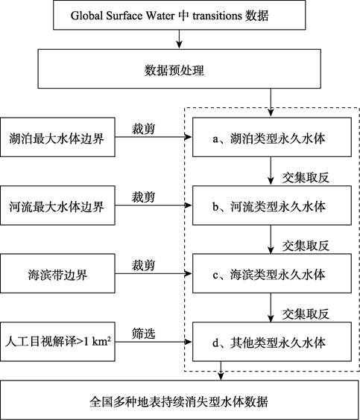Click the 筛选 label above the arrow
[x=143, y=334]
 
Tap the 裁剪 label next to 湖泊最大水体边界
[x=143, y=129]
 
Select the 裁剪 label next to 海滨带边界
[x=143, y=265]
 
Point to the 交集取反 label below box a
[x=306, y=177]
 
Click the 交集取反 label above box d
[x=306, y=314]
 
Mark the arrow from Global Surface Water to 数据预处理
[x=180, y=39]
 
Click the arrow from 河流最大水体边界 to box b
[x=154, y=206]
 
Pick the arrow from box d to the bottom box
[x=221, y=371]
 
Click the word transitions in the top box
[x=218, y=16]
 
